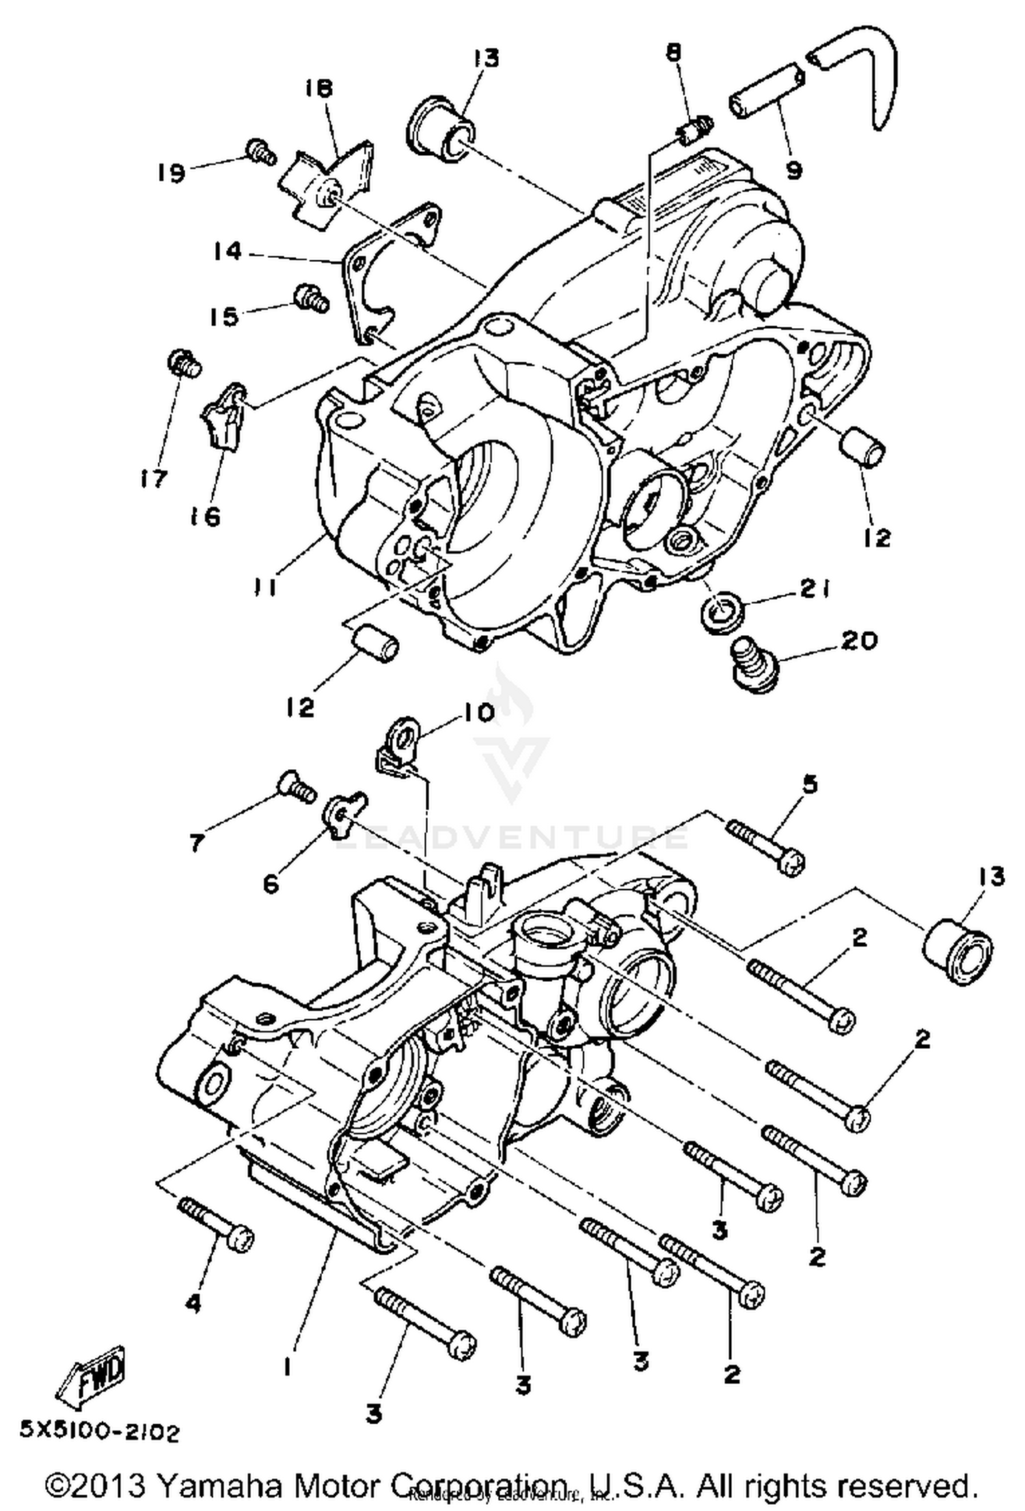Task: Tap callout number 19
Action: coord(170,172)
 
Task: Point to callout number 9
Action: coord(793,170)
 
